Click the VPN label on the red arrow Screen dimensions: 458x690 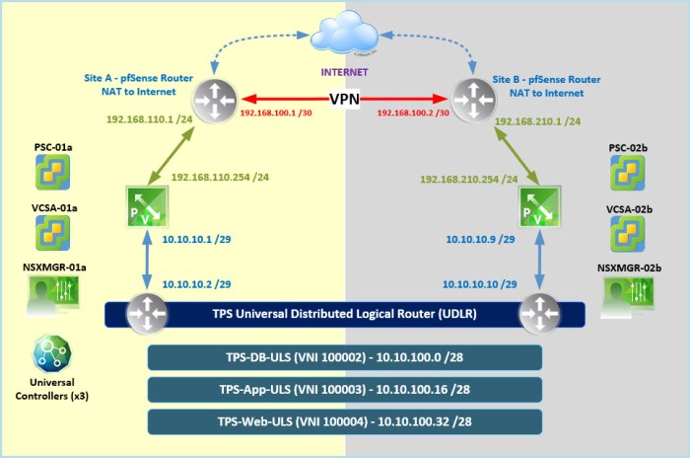345,99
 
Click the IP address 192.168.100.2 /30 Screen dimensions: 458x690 411,114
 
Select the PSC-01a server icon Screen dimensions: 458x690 55,171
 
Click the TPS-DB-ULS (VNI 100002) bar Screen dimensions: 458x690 345,357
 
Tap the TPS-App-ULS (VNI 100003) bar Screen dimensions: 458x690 345,389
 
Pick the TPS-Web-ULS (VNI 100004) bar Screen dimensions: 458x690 345,421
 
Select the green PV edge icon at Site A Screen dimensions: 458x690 146,205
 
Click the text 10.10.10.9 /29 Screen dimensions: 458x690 480,240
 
